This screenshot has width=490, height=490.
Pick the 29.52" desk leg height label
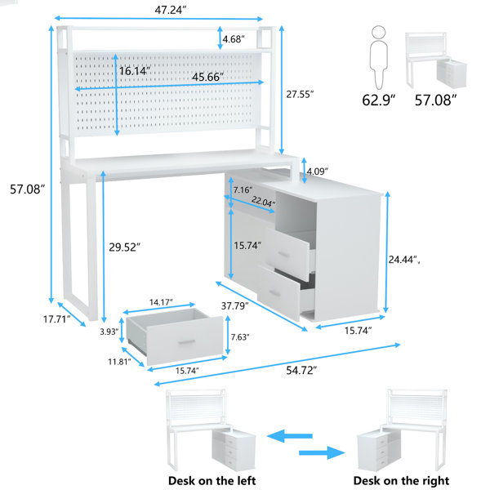point(127,246)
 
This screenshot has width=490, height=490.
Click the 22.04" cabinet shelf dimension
point(262,202)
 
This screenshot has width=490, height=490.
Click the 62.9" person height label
point(378,100)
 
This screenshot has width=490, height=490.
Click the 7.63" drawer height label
point(241,336)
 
